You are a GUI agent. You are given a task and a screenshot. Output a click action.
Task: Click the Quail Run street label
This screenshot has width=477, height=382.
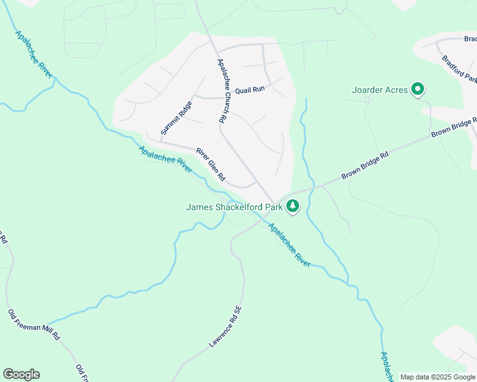coord(249,90)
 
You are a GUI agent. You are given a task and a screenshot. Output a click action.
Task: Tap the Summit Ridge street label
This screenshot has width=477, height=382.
coord(176,118)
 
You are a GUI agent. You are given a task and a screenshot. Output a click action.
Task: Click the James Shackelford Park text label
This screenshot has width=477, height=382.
coord(234,206)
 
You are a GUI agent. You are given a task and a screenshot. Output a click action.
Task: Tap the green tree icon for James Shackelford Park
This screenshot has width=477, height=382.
coord(293,206)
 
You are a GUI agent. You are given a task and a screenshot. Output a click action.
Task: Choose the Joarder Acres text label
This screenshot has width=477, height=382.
coord(379,90)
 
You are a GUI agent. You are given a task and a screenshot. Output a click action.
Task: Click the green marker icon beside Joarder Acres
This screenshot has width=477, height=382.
coord(418,89)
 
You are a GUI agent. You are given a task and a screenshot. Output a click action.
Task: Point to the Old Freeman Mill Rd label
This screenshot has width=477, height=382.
coord(33,326)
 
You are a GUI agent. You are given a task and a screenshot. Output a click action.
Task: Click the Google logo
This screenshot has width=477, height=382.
coord(21,374)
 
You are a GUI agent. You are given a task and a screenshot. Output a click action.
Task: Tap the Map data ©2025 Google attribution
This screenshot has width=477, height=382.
coord(437,377)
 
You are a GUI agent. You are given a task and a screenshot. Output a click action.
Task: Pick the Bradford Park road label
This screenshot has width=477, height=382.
coord(460,69)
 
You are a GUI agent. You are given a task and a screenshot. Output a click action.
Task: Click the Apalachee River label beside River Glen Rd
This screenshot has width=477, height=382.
coord(165,159)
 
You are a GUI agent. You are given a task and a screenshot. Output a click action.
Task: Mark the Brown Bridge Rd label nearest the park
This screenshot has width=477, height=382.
coord(365,164)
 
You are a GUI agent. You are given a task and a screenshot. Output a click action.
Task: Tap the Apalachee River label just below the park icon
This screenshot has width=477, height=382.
coord(289,244)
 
